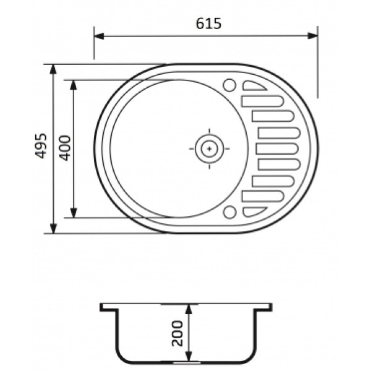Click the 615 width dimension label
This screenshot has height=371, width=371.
[x=209, y=23]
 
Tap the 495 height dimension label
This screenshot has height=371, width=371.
[x=41, y=146]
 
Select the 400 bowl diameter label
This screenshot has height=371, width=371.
[x=65, y=148]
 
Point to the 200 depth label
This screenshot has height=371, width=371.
[x=177, y=333]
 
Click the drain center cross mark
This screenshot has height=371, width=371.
[x=209, y=149]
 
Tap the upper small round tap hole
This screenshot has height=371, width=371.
[x=229, y=85]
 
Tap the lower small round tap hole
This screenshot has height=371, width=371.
[x=230, y=212]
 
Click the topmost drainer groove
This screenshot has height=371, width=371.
[x=254, y=86]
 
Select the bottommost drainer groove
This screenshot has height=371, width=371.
[x=254, y=211]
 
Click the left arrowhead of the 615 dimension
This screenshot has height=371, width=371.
[x=99, y=36]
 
